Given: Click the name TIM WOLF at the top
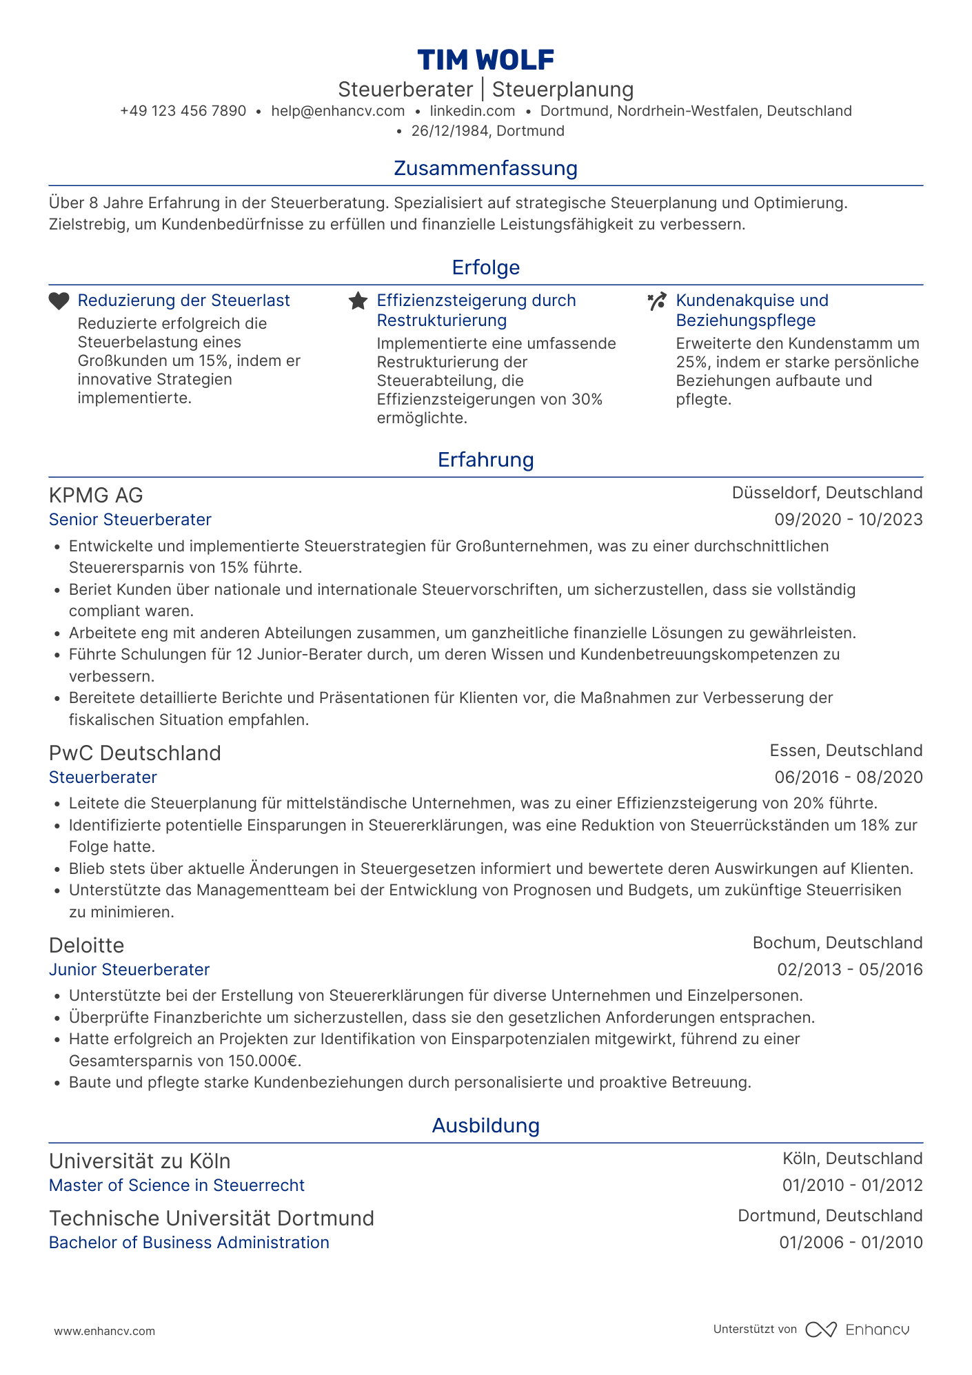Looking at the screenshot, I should (485, 60).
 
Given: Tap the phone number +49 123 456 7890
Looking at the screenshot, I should (183, 111).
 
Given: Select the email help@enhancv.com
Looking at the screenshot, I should (338, 111).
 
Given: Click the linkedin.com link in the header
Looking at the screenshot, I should (472, 111).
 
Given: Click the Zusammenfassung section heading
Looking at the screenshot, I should (485, 168).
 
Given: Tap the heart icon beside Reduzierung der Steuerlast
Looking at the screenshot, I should (59, 301).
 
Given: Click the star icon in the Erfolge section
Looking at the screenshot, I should (358, 301).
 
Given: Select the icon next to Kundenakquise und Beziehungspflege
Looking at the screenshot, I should (657, 301).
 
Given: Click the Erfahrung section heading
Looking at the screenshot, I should (485, 460).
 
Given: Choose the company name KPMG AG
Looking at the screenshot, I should (96, 495).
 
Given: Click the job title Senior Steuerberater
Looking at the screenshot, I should (130, 520).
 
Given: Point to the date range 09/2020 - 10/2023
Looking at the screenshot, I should (848, 520).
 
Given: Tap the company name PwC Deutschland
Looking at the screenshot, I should (135, 753).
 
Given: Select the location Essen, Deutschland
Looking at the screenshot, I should (846, 751).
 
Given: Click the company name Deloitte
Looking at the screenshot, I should (87, 945).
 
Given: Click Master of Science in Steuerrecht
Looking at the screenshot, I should (176, 1185).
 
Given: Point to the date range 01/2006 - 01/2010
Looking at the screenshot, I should (851, 1243).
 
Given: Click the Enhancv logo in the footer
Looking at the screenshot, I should (858, 1330).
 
